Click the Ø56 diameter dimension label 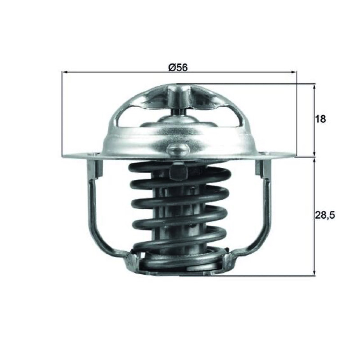(178, 67)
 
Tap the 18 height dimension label (320, 119)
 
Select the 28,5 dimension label (325, 215)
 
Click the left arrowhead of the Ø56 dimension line (64, 72)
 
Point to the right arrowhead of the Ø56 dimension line (294, 72)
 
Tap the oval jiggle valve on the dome (177, 149)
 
